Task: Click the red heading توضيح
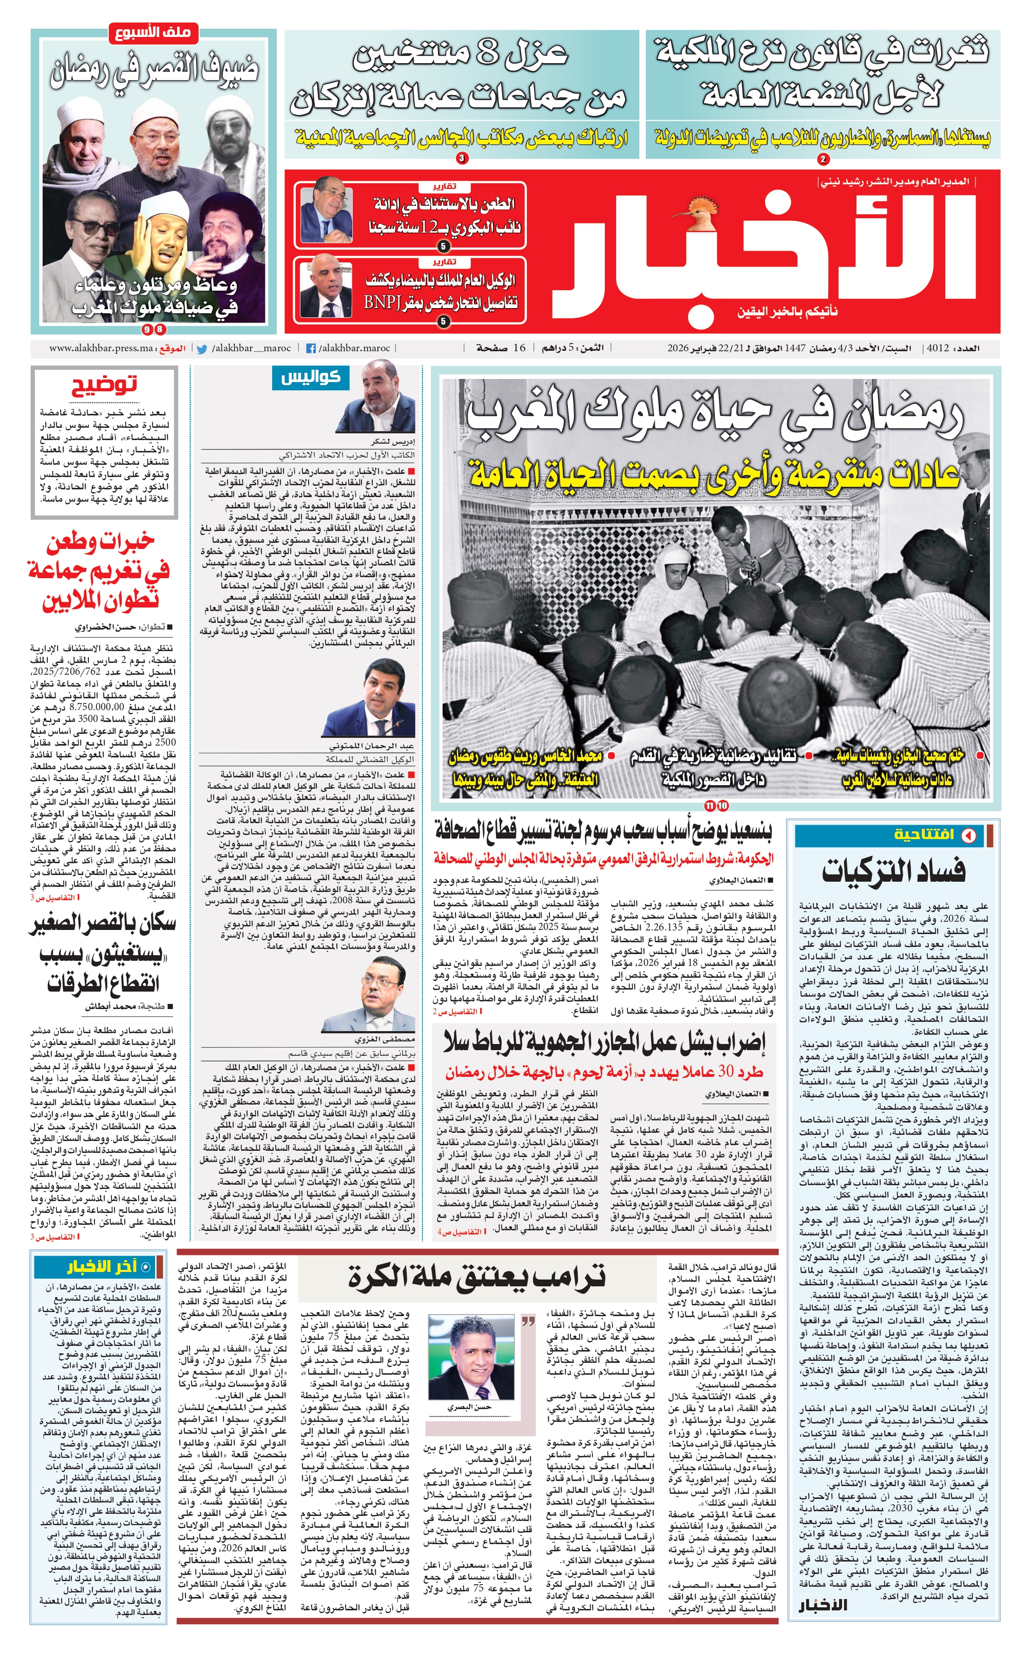tap(104, 385)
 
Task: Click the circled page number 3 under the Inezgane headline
tap(462, 159)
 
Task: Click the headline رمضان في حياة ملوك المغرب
tap(715, 417)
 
